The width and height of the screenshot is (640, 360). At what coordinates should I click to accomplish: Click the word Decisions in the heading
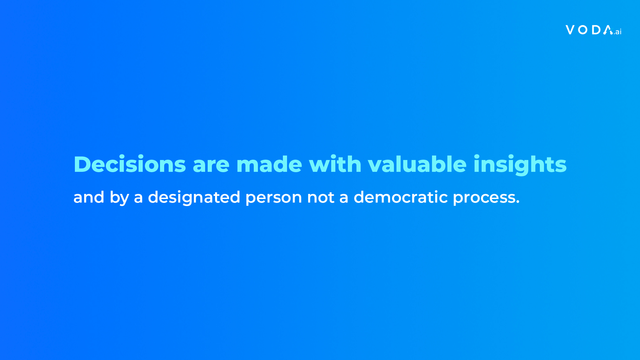[x=130, y=164]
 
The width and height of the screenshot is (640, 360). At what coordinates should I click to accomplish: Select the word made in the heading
[x=269, y=164]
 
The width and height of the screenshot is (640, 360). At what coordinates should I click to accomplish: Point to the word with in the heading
[x=335, y=164]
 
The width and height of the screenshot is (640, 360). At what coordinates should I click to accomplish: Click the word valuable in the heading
[x=417, y=164]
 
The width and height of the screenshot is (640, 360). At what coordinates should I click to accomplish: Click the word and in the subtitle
[x=89, y=197]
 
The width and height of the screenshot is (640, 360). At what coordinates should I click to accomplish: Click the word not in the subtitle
[x=321, y=197]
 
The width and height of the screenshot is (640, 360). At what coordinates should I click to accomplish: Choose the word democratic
[x=401, y=197]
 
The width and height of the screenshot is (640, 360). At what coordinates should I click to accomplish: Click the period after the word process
[x=518, y=202]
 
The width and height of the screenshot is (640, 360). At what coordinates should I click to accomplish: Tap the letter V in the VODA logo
[x=570, y=30]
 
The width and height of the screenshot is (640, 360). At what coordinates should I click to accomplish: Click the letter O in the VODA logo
[x=583, y=30]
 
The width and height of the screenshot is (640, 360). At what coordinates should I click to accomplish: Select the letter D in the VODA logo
[x=596, y=30]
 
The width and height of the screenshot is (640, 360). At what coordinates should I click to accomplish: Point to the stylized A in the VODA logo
[x=608, y=30]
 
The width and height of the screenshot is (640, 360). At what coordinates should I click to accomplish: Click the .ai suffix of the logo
[x=618, y=32]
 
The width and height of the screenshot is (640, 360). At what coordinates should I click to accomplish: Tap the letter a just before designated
[x=138, y=198]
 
